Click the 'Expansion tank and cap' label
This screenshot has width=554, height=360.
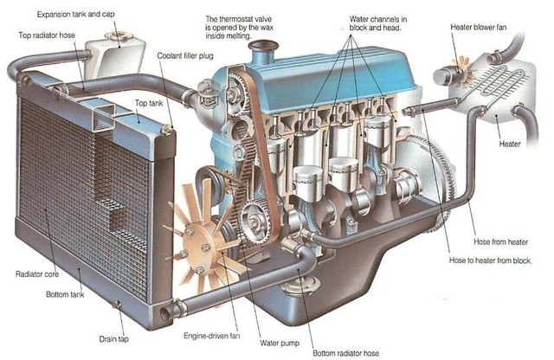click(75, 15)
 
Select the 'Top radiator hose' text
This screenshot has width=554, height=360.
click(47, 35)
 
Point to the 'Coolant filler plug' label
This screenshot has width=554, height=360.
click(185, 56)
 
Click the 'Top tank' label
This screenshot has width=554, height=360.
click(149, 103)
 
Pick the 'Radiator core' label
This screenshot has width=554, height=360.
click(37, 273)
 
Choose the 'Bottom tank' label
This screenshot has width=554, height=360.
click(65, 294)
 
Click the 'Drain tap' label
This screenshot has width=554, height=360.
click(113, 339)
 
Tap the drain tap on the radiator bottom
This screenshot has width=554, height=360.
click(116, 305)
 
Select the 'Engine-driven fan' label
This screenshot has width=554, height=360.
click(211, 336)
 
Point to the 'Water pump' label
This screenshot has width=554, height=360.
click(280, 343)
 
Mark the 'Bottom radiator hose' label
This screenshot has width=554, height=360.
click(346, 353)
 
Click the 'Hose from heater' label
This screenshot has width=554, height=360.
click(500, 242)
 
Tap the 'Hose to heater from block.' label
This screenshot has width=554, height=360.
click(491, 260)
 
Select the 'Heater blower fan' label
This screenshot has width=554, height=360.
click(479, 27)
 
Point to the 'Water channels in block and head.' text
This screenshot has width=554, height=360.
click(378, 23)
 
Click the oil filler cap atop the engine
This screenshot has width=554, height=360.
click(263, 46)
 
